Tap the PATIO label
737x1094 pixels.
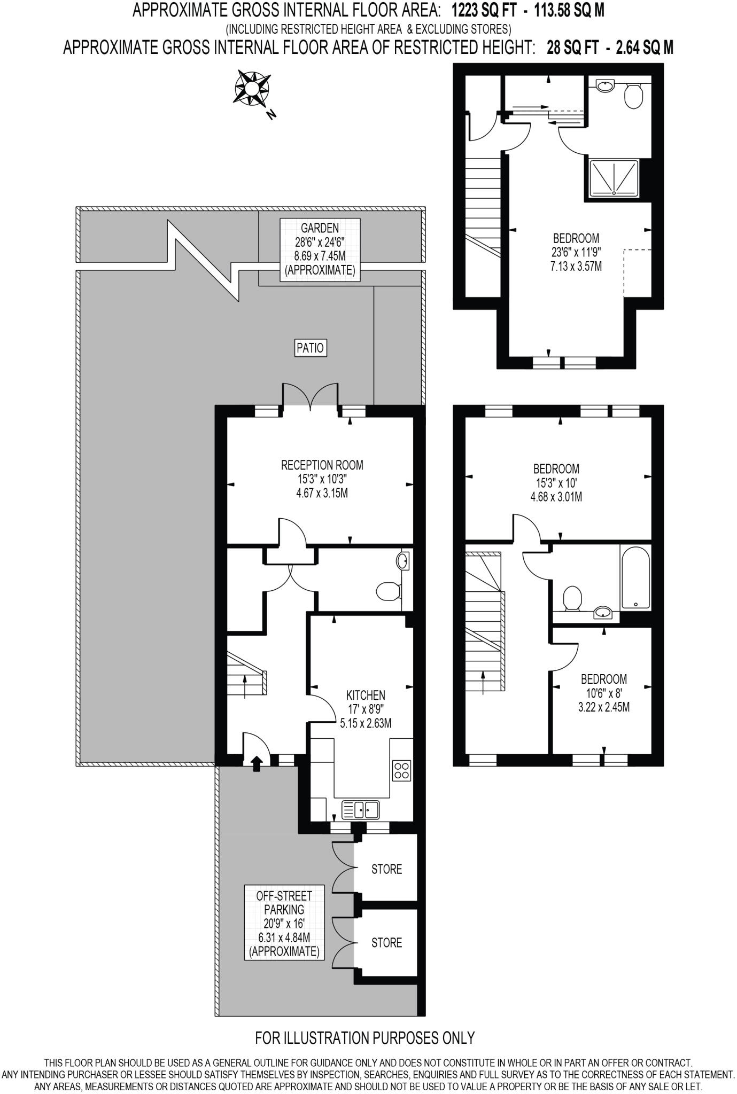[310, 348]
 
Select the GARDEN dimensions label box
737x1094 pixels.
[320, 249]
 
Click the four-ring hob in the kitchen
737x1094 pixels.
[401, 770]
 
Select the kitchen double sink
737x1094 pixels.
[360, 810]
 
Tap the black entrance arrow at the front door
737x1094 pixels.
[257, 763]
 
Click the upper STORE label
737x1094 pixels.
[386, 869]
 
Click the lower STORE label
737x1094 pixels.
[386, 942]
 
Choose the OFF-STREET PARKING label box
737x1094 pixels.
[284, 923]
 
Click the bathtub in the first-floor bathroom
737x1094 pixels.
[635, 577]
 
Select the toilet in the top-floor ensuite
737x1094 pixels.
[633, 96]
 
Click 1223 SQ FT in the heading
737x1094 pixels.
[484, 10]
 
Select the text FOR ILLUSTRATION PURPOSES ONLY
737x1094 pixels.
[365, 1037]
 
